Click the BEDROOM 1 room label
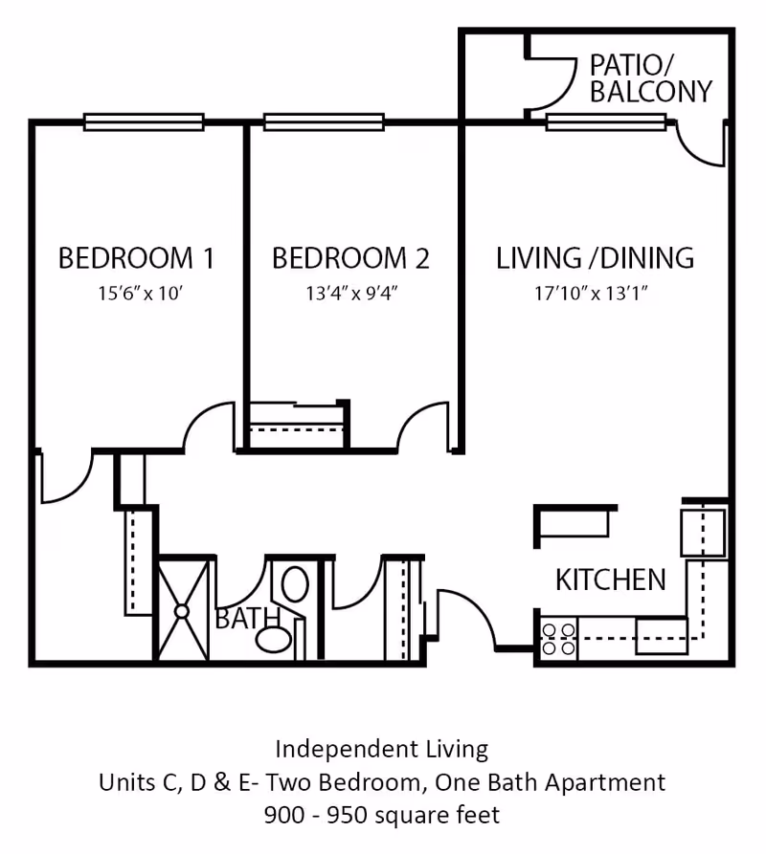[136, 258]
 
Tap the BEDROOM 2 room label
[350, 258]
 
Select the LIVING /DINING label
[595, 258]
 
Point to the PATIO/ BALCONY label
[651, 78]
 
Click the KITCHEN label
[611, 580]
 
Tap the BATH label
[247, 619]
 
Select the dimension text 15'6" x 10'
[139, 294]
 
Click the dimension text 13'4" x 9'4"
[351, 294]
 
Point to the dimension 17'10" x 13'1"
[592, 294]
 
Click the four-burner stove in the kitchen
[558, 639]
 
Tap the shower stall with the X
[182, 609]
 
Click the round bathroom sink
[274, 639]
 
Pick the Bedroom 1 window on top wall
[144, 121]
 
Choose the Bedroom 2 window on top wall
[324, 121]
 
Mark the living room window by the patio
[606, 121]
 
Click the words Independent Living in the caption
[382, 748]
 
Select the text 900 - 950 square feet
[382, 816]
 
